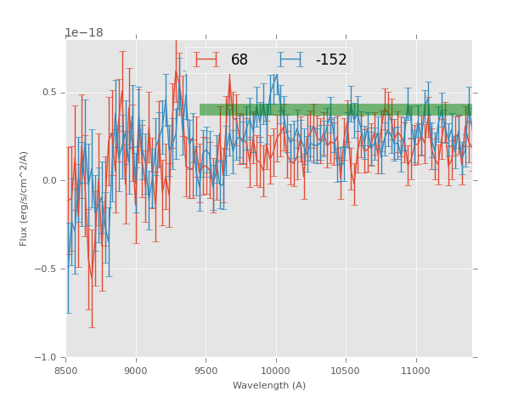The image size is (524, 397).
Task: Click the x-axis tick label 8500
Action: pos(66,370)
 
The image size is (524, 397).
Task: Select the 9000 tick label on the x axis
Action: pos(136,370)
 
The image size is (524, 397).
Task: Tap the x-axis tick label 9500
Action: pos(206,370)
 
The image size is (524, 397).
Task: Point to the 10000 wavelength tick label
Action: pos(276,370)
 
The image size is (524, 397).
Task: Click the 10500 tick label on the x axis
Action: pos(347,370)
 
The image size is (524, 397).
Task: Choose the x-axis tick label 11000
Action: pos(416,370)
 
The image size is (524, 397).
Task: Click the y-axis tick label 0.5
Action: pos(48,93)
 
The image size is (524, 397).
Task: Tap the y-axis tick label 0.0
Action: pos(48,181)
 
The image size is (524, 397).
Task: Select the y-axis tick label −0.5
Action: pos(46,269)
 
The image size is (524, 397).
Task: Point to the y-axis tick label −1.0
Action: pos(46,358)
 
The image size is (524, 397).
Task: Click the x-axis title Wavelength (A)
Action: pos(269,386)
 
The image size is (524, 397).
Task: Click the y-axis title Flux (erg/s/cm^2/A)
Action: pos(25,198)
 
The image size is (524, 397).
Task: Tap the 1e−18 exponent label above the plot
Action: pos(83,33)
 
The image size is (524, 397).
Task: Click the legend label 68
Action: pos(239,60)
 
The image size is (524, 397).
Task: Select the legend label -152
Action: pos(330,60)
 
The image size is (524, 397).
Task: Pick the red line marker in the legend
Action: pos(206,60)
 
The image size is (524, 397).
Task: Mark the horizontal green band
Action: pos(335,110)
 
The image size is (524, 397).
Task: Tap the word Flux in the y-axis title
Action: pos(25,235)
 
